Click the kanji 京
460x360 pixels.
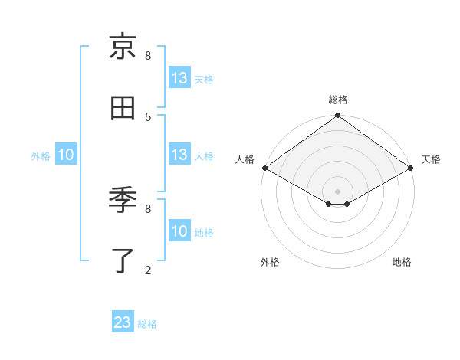(x=123, y=47)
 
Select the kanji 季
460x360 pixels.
(x=123, y=201)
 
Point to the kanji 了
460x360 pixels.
(x=123, y=261)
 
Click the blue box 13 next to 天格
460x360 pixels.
(x=179, y=78)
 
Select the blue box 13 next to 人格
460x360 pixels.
(x=179, y=155)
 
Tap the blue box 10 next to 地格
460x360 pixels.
(x=179, y=231)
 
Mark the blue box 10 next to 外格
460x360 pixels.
(x=66, y=155)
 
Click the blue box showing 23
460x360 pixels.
(x=123, y=322)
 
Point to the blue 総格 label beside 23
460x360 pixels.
(x=147, y=324)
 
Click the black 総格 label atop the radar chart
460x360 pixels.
(x=338, y=100)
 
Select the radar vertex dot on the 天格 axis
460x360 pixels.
(x=411, y=168)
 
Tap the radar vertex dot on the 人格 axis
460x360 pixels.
(x=264, y=168)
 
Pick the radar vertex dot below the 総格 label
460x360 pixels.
(x=338, y=116)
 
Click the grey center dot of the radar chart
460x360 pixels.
(x=338, y=191)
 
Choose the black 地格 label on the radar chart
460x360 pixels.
(x=402, y=262)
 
